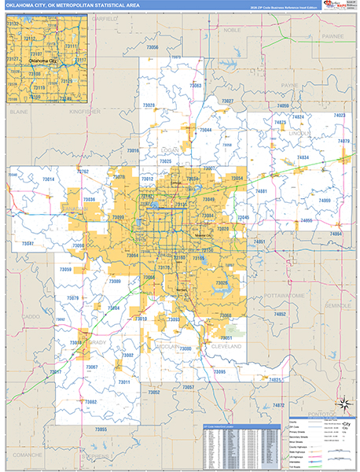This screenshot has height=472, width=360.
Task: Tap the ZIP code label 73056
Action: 152,48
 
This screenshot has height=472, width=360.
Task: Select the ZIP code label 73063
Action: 196,86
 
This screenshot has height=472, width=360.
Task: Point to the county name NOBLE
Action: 232,29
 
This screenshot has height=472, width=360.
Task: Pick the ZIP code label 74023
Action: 339,116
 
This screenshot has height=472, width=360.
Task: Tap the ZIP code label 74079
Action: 343,141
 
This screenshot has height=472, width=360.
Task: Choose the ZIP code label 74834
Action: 303,157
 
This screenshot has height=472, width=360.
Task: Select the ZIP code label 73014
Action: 49,180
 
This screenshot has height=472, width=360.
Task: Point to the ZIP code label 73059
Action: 66,270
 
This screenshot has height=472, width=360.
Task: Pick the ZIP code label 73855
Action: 100,429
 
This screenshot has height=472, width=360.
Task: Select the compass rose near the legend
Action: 343,404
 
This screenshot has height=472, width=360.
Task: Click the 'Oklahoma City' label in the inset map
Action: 43,61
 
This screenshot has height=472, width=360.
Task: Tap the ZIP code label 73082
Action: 91,402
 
